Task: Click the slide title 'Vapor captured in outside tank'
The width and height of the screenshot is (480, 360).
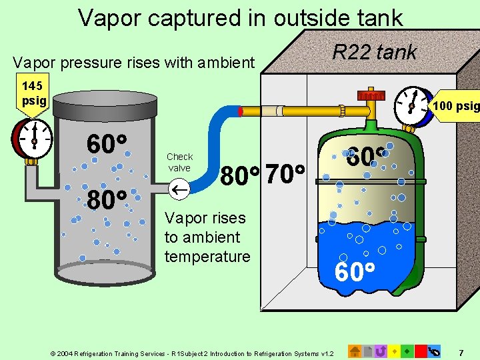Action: click(240, 17)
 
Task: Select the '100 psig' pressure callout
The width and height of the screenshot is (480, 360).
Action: click(456, 105)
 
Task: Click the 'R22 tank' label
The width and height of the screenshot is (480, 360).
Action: click(375, 52)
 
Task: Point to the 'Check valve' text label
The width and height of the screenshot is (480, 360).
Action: click(179, 162)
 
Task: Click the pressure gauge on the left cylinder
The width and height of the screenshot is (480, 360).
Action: click(33, 139)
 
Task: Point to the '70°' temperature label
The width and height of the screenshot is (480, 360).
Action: click(285, 175)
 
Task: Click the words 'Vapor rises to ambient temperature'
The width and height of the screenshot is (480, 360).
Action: click(206, 237)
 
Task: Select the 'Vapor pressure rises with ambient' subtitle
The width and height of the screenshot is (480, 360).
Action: click(134, 63)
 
